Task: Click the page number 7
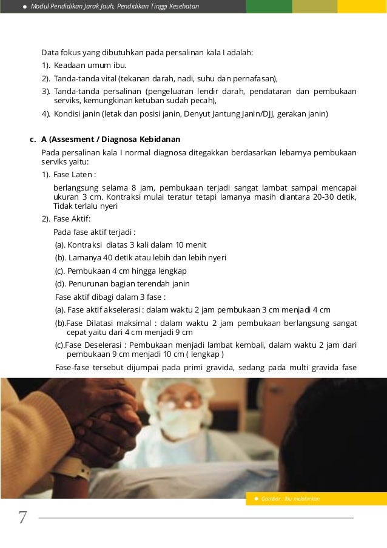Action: [22, 517]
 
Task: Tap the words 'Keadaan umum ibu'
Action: [90, 65]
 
